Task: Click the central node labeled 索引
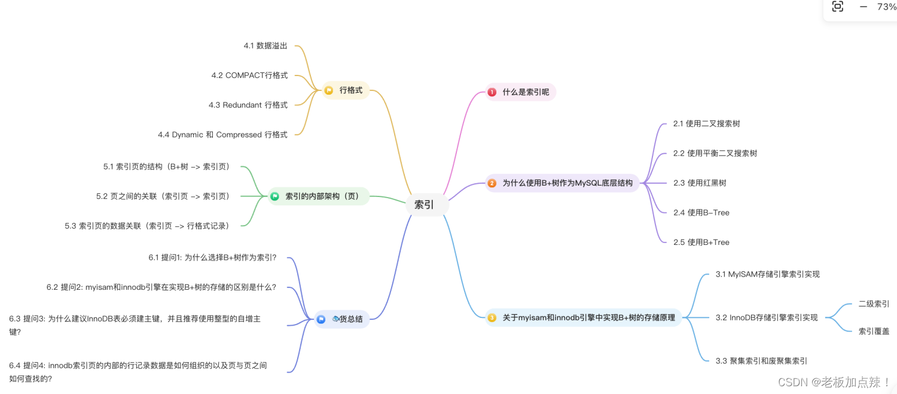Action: tap(424, 205)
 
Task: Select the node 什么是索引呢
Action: tap(525, 92)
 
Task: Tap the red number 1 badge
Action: tap(492, 92)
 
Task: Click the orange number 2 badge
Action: tap(492, 183)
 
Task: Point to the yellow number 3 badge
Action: tap(492, 318)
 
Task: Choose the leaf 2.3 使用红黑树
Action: tap(700, 183)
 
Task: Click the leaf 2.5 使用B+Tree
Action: tap(701, 242)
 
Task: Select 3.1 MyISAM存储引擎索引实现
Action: tap(767, 274)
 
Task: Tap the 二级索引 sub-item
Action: tap(874, 304)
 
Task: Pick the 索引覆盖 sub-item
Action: tap(874, 331)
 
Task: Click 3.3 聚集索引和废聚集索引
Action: tap(761, 360)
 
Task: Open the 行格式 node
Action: tap(350, 90)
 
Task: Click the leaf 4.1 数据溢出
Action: tap(266, 46)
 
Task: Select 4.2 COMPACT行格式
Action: tap(249, 75)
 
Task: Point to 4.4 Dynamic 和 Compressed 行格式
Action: tap(222, 135)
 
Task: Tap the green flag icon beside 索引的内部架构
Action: tap(275, 196)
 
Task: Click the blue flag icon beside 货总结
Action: tap(321, 319)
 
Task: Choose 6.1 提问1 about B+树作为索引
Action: tap(212, 257)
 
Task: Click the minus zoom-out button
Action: tap(863, 7)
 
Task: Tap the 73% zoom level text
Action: tap(886, 7)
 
